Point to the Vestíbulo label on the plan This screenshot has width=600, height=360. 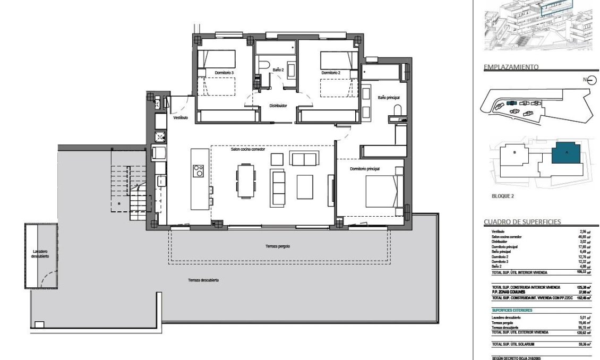[180, 118]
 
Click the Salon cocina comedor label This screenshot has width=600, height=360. [247, 149]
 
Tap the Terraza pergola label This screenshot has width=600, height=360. [278, 246]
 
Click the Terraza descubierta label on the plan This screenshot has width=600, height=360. [203, 280]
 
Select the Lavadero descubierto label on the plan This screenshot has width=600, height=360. [40, 253]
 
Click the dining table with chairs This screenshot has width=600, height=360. [246, 181]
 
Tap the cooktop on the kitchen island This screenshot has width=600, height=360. [199, 171]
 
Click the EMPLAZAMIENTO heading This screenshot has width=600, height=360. [511, 67]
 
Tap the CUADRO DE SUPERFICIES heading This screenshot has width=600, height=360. [522, 221]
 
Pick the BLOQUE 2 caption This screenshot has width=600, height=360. [502, 196]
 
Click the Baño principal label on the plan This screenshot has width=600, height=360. [388, 98]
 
